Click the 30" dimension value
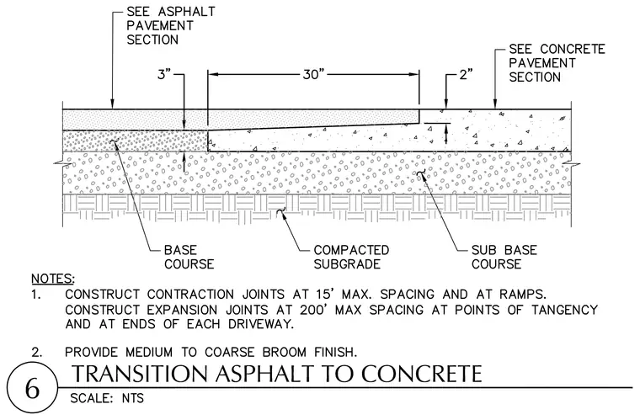click(313, 75)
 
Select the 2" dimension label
click(467, 75)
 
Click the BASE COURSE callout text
click(189, 257)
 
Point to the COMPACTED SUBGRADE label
click(351, 257)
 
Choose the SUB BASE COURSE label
click(504, 257)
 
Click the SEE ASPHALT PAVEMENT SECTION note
click(171, 26)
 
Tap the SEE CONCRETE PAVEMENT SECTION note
click(557, 63)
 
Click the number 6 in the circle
click(32, 389)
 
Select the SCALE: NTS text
click(107, 398)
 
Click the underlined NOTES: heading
click(53, 279)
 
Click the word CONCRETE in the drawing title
click(422, 374)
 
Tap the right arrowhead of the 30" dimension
click(413, 75)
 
